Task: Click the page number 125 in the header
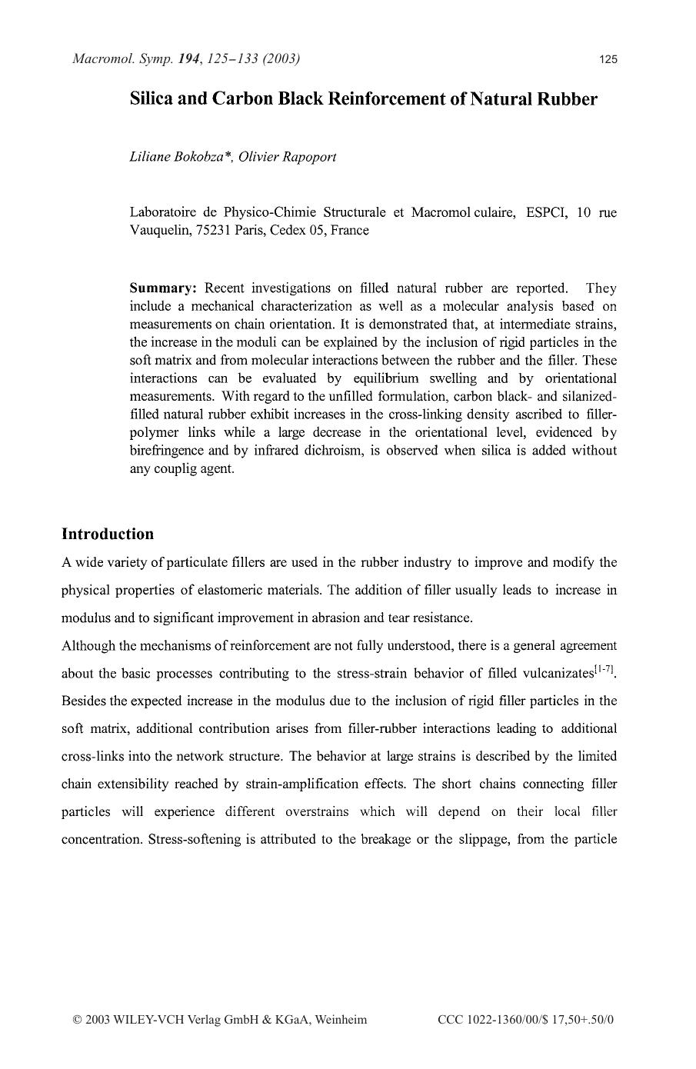pyautogui.click(x=608, y=59)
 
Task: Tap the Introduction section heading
pyautogui.click(x=108, y=534)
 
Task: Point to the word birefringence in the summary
pyautogui.click(x=167, y=451)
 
